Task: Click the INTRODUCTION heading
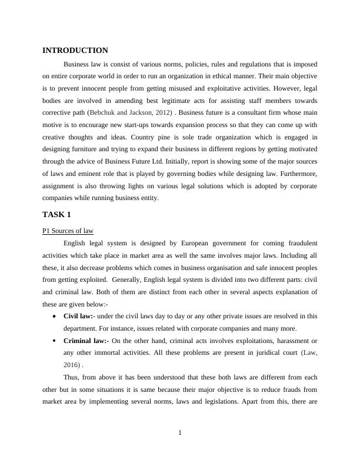[x=75, y=51]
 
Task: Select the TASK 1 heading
[x=56, y=214]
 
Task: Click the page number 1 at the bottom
[x=180, y=434]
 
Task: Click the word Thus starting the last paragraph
[x=71, y=377]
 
